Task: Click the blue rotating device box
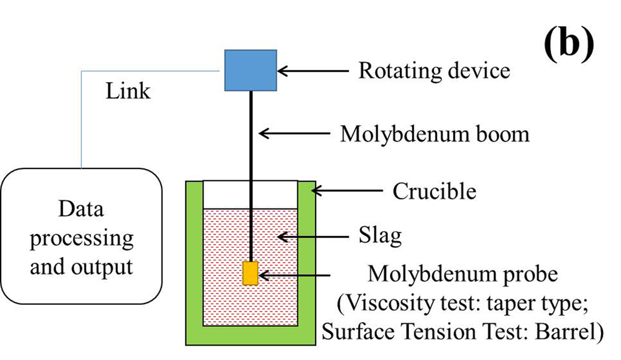(251, 70)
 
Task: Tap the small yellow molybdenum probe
(250, 274)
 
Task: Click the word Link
(128, 91)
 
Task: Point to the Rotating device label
(434, 70)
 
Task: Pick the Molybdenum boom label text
(434, 133)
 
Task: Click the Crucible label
(434, 190)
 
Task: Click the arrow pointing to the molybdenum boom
(294, 133)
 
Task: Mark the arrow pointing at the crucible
(347, 189)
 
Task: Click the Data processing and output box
(81, 238)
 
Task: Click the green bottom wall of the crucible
(250, 335)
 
